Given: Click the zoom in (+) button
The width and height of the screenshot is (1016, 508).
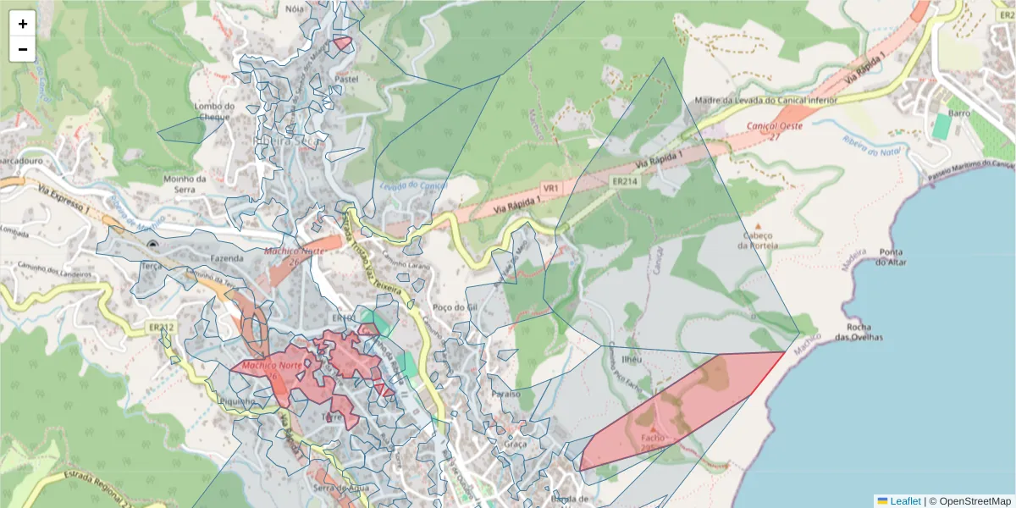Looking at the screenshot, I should coord(23,24).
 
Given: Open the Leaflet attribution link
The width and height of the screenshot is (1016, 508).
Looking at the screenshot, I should coord(905,500).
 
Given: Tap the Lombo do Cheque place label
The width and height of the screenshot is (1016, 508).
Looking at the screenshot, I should coord(213,112).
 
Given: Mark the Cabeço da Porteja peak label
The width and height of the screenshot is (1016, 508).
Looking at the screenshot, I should coord(758,240).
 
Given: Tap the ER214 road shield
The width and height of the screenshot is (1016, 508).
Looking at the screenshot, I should coord(624,181).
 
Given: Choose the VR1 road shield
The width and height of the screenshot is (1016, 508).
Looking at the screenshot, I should coord(551,187).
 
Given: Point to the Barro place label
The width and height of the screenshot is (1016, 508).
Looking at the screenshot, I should coord(959,113).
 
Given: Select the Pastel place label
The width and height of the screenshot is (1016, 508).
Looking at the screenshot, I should coord(347,79).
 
